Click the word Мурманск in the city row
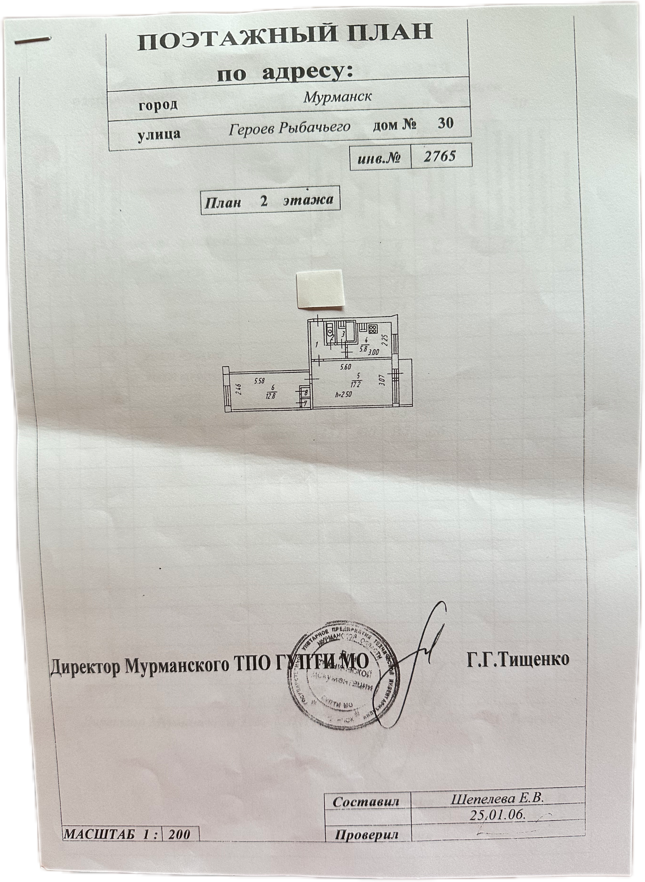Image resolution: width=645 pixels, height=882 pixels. [337, 96]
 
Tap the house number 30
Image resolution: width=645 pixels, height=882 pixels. [445, 124]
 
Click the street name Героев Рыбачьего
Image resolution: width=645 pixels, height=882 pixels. [289, 128]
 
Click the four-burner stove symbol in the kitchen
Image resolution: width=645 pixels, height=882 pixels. [373, 328]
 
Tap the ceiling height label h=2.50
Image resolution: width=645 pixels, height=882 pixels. [344, 394]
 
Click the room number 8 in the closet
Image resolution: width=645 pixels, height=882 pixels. [306, 392]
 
